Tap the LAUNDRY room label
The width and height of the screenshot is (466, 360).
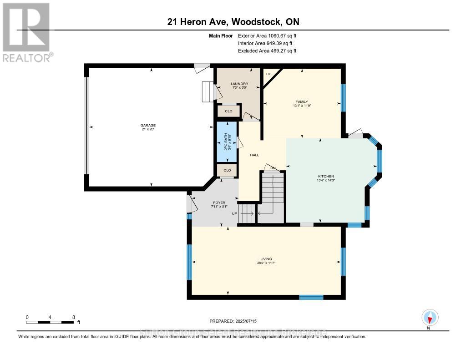(239, 84)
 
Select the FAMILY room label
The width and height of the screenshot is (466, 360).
(302, 102)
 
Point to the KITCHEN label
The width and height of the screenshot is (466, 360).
(326, 176)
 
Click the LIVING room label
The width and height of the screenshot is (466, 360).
(267, 259)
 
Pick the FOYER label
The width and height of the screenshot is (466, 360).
(219, 203)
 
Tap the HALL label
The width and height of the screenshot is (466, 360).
(254, 155)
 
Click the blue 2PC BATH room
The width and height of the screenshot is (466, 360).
(227, 142)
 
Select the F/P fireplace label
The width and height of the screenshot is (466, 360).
(268, 74)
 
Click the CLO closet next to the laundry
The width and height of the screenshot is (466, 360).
(228, 111)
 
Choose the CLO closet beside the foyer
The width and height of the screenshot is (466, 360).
(227, 170)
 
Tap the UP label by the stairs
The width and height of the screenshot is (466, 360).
(234, 213)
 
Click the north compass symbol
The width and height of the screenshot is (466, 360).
(430, 317)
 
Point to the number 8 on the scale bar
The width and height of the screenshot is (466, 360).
(73, 317)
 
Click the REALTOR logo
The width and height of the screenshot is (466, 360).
(28, 32)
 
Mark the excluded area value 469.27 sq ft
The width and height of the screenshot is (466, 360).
(267, 51)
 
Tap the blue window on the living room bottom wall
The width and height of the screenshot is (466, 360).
(311, 297)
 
